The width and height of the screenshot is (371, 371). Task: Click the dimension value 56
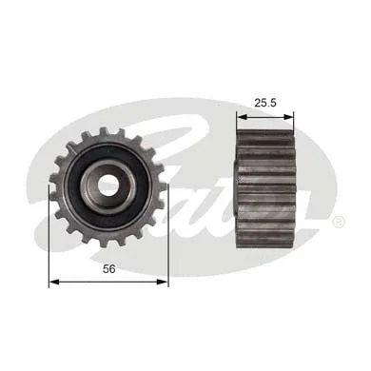click(108, 269)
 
